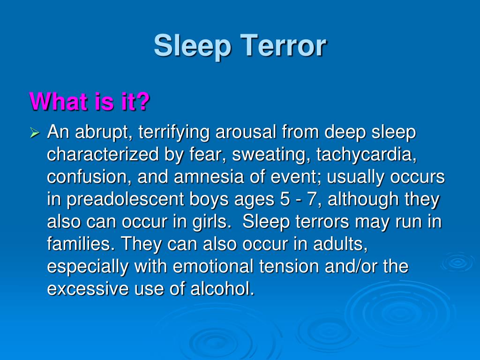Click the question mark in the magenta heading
pos(143,101)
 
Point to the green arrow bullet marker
pos(35,134)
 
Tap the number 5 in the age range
pos(280,200)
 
